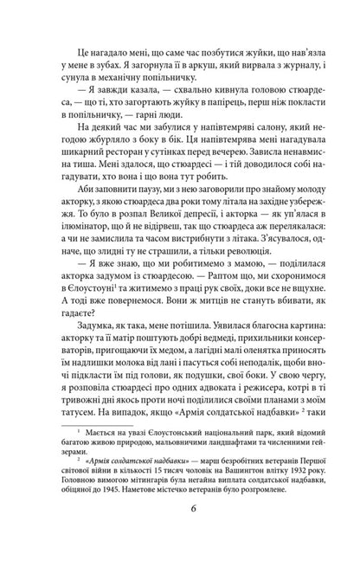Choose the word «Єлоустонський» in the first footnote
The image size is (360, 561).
point(157,471)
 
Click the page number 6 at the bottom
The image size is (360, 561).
point(180,550)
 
